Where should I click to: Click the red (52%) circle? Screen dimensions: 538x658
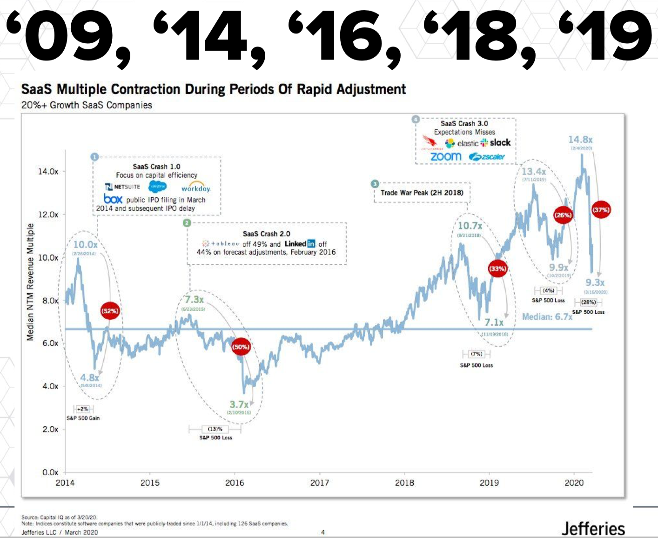point(110,311)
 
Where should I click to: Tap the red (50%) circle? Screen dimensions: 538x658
point(241,347)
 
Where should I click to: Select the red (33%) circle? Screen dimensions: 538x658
point(497,269)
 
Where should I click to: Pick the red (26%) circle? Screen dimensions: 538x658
point(563,215)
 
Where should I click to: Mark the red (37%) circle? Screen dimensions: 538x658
point(601,210)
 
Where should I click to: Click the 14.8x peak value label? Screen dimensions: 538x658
point(580,140)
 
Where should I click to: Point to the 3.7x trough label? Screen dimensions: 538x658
point(239,404)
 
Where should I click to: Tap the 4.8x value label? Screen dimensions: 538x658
point(90,378)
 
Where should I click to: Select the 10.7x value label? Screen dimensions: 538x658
point(470,226)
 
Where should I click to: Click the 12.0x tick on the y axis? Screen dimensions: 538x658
point(48,215)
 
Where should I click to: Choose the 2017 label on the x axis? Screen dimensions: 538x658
point(320,483)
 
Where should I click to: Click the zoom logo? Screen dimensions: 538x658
point(446,156)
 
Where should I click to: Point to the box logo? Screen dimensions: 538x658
point(113,199)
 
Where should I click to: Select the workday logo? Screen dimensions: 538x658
point(196,187)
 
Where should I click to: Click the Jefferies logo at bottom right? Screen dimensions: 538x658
point(593,528)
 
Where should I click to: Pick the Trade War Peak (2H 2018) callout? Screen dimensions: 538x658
point(422,193)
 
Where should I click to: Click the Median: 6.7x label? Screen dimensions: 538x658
point(547,317)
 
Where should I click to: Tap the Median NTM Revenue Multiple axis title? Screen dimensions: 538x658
point(30,282)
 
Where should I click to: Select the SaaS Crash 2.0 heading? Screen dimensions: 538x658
point(266,234)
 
